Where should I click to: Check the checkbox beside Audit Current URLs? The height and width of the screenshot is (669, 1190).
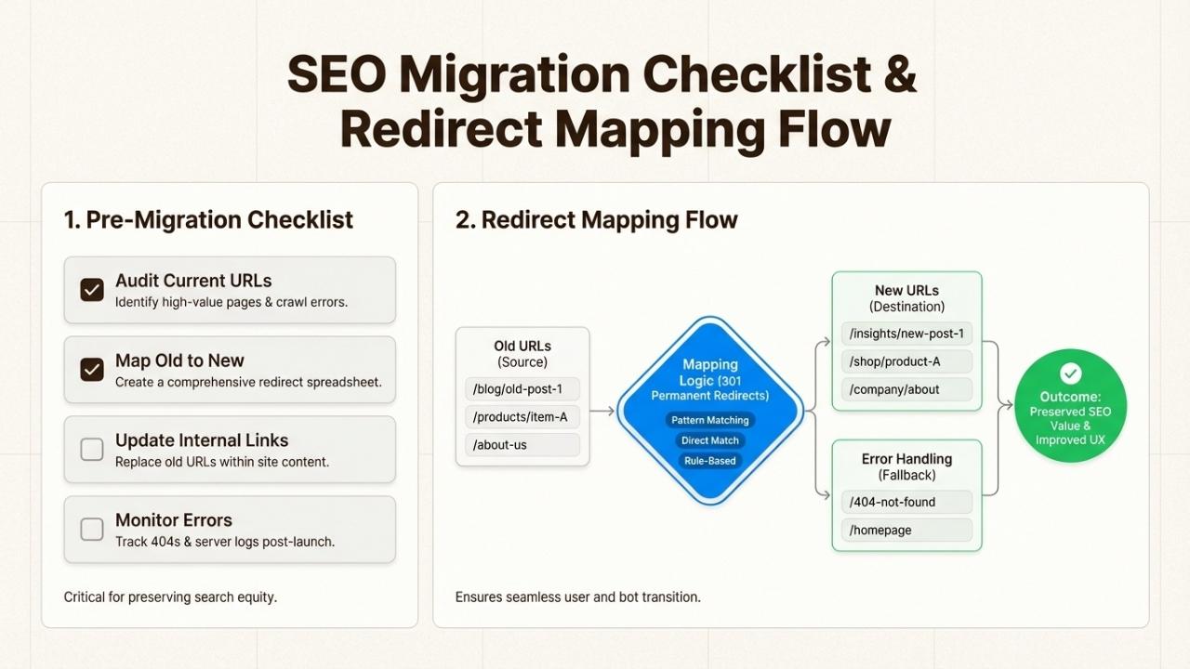click(x=92, y=290)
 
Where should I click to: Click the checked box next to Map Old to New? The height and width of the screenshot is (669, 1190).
click(x=92, y=370)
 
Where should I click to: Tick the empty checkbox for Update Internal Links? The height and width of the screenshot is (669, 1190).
click(x=92, y=450)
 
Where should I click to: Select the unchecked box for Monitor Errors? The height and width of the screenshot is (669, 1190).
click(x=92, y=530)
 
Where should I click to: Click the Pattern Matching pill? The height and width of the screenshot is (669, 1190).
click(x=710, y=420)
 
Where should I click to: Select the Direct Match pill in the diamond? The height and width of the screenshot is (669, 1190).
click(x=710, y=440)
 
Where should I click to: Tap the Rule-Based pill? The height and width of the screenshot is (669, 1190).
click(x=710, y=461)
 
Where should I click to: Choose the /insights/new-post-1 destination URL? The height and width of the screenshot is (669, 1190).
click(x=906, y=334)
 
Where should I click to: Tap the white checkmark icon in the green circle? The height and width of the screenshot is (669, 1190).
click(x=1071, y=374)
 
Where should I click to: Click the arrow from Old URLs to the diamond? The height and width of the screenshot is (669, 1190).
click(x=602, y=411)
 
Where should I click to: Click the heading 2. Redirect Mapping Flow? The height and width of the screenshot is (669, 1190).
click(x=596, y=220)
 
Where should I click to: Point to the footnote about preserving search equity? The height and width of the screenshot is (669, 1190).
click(x=170, y=597)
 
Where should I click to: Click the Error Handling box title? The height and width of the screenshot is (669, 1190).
click(x=906, y=459)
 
